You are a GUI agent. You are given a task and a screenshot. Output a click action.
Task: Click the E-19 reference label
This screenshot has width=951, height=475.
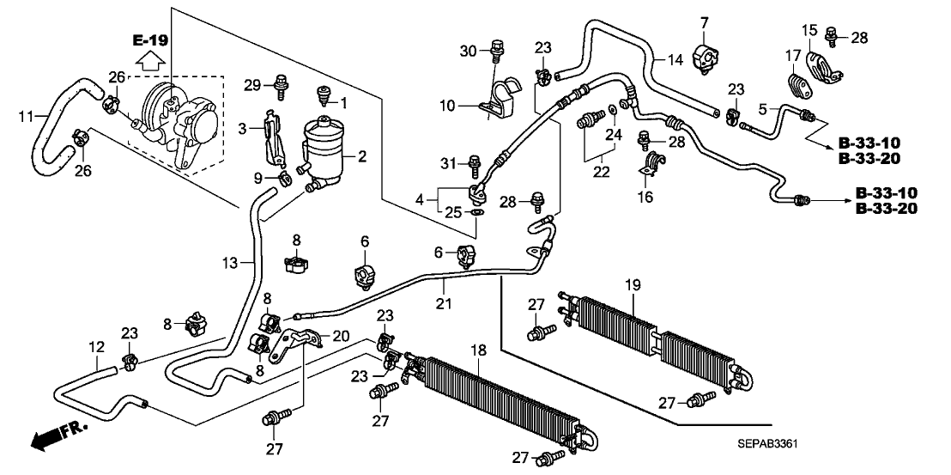pos(151,40)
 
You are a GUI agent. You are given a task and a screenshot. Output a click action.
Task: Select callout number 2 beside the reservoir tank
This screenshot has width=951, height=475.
pos(361,156)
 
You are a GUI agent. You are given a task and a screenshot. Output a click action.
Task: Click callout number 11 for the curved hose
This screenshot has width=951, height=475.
pos(27,115)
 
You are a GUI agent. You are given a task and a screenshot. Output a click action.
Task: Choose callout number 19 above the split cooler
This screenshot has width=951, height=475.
pos(633,283)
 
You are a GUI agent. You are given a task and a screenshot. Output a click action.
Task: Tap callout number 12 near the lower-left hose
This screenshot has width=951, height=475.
pos(97,348)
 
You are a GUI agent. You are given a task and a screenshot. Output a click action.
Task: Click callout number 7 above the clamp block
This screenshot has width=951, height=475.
pos(704,21)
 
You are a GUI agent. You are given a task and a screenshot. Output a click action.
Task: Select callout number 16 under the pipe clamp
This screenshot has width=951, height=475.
pos(645,198)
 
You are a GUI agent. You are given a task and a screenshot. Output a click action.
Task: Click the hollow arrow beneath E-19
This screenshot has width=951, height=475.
pos(151,60)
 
